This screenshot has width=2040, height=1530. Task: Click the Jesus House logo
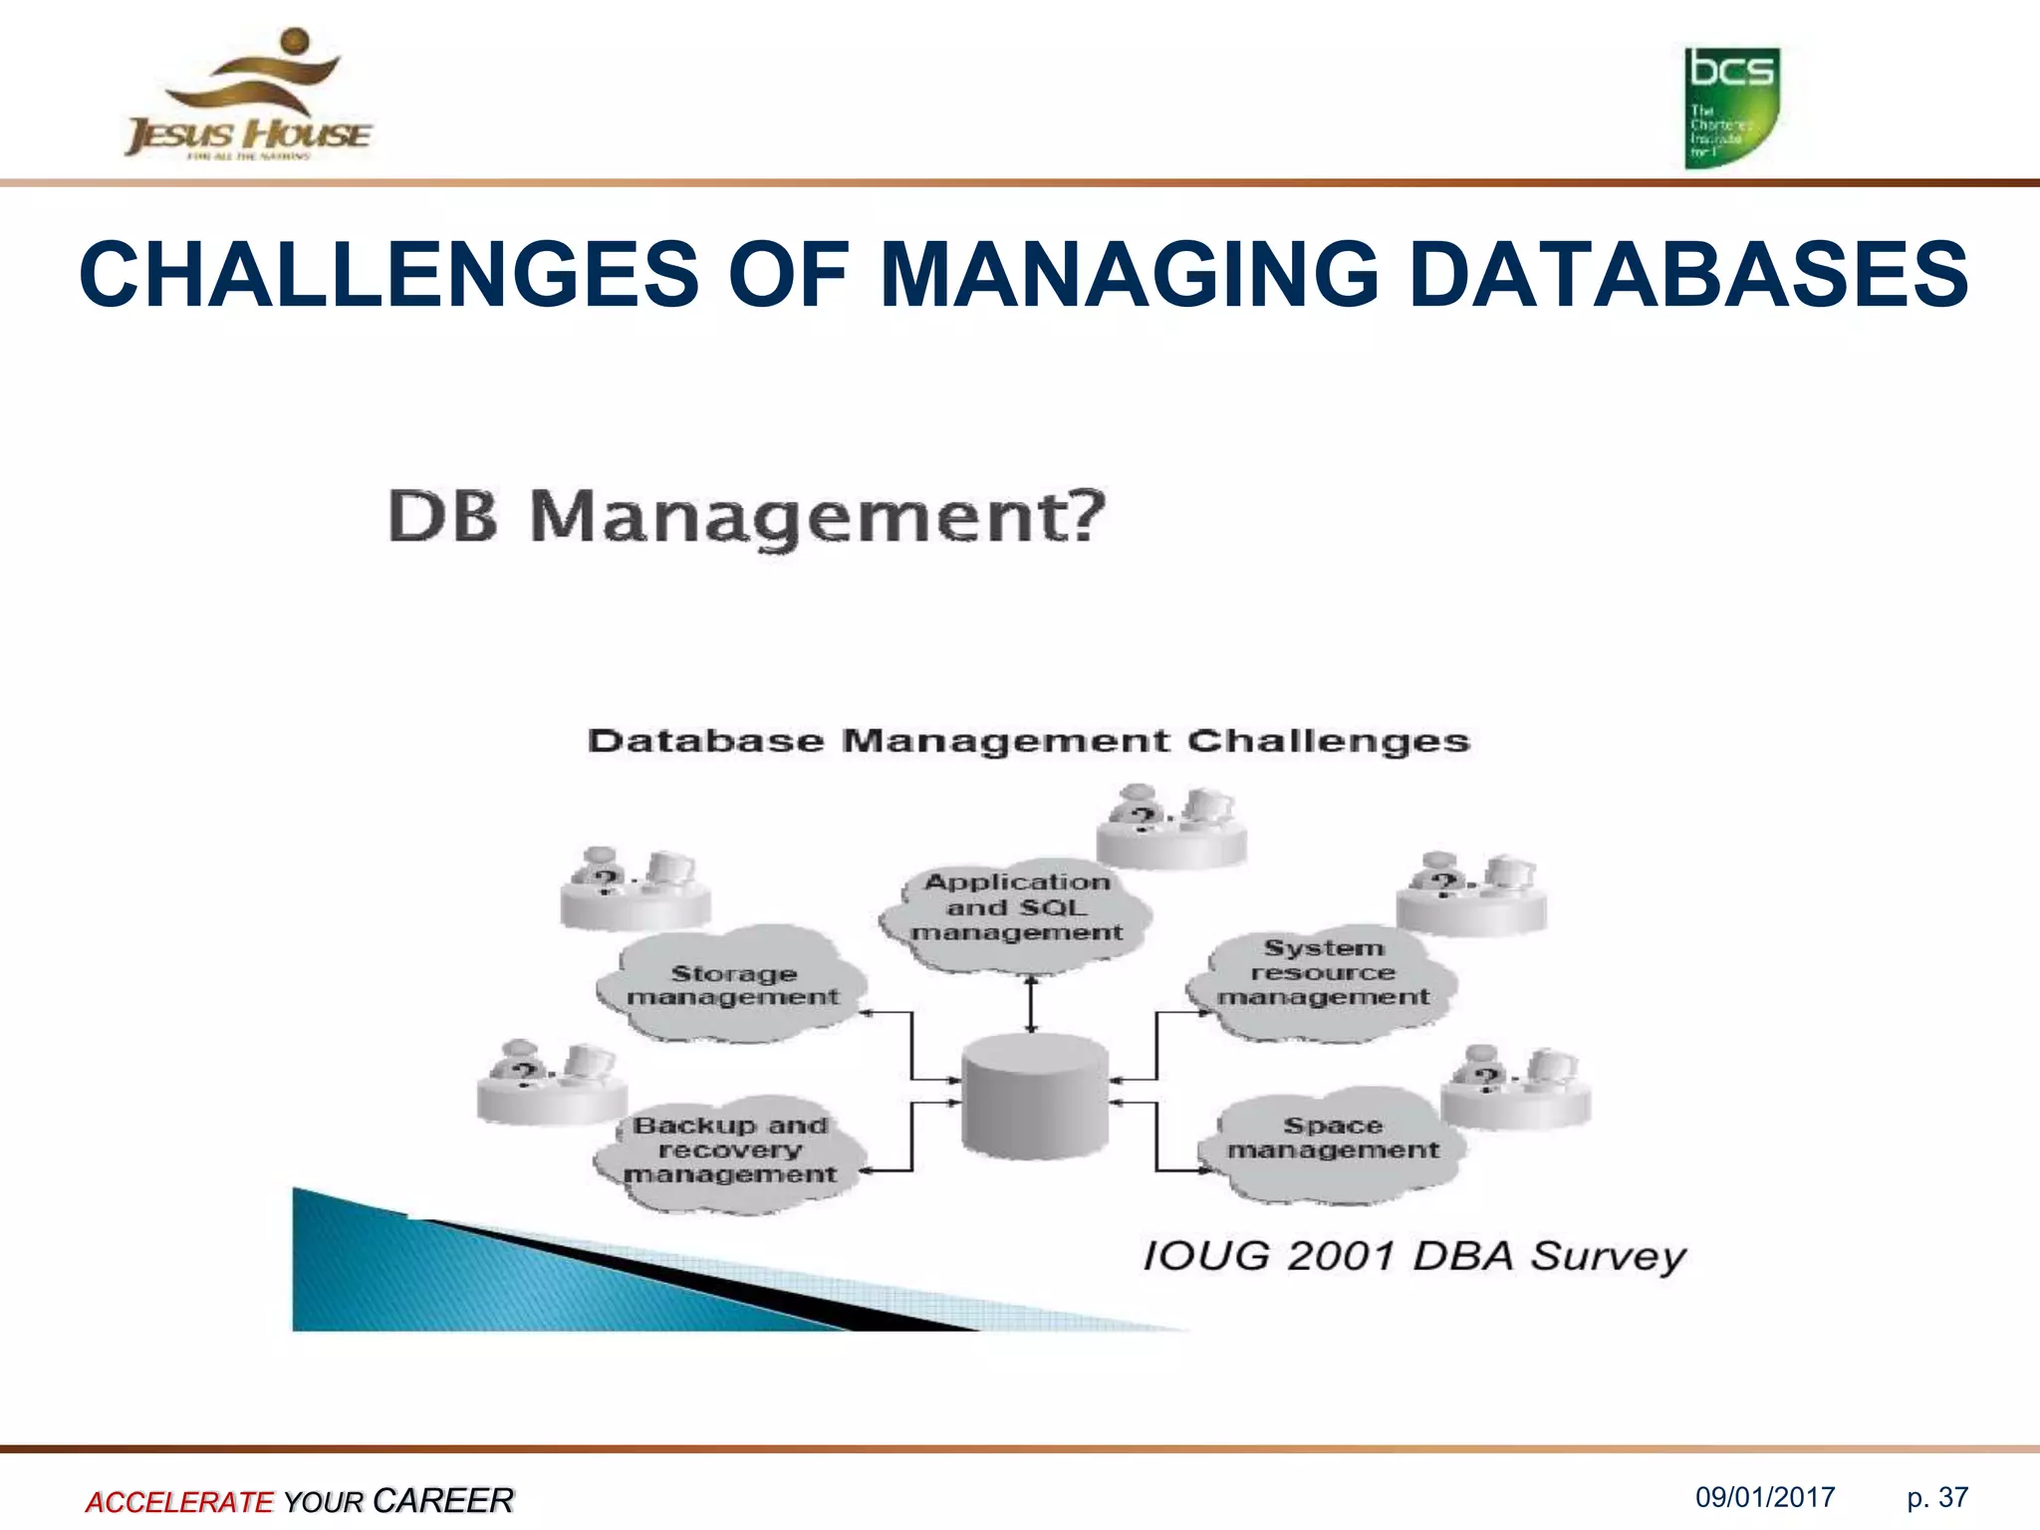tap(248, 96)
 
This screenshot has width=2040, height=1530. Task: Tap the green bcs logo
tap(1731, 108)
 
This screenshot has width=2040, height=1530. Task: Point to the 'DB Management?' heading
tap(746, 517)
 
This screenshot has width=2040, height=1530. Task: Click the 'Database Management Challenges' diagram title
tap(1028, 741)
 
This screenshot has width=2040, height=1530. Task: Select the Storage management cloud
tap(733, 984)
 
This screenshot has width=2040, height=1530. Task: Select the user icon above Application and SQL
tap(1171, 825)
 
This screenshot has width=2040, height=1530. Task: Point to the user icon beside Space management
tap(1516, 1088)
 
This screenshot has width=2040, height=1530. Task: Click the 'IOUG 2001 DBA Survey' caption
tap(1414, 1256)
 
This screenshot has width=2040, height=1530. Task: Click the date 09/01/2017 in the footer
tap(1765, 1497)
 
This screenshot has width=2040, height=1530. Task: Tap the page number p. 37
tap(1937, 1497)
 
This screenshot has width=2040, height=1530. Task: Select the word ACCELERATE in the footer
tap(179, 1501)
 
